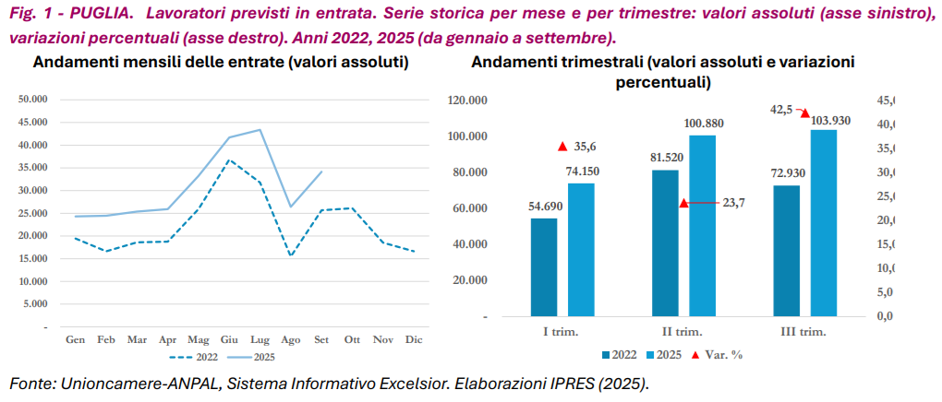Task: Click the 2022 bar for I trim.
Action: [x=544, y=267]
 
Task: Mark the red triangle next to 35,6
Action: [x=562, y=147]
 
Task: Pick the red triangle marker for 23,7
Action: [x=684, y=203]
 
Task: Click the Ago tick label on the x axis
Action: [x=291, y=339]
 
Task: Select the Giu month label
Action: [x=230, y=339]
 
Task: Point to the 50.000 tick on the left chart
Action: [x=32, y=100]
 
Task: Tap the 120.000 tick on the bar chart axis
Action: [x=466, y=100]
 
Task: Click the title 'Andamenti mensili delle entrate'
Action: [x=222, y=63]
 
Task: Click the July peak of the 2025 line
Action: [x=260, y=130]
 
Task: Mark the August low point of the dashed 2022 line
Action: [x=291, y=255]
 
